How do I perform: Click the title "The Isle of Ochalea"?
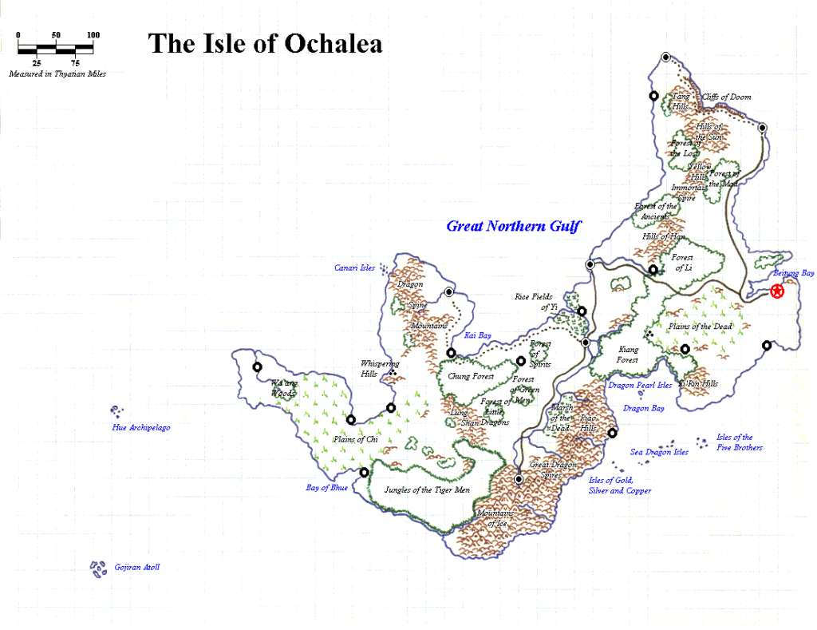click(265, 43)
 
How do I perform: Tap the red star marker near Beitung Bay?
click(777, 292)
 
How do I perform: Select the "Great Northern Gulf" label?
click(513, 226)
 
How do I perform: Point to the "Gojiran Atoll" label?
click(136, 567)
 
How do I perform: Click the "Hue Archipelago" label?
click(140, 427)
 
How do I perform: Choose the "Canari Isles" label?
click(354, 268)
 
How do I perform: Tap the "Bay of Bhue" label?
click(327, 487)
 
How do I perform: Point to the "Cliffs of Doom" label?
click(726, 97)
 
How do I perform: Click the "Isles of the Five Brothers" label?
click(739, 442)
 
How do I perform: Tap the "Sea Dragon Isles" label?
click(659, 452)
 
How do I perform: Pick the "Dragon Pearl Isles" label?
click(640, 385)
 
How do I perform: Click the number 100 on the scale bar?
click(93, 35)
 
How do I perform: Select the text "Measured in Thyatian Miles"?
click(57, 73)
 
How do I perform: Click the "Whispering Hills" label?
click(380, 368)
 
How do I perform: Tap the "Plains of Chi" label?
click(355, 439)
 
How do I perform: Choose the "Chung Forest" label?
click(471, 376)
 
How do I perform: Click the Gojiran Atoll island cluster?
click(99, 569)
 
